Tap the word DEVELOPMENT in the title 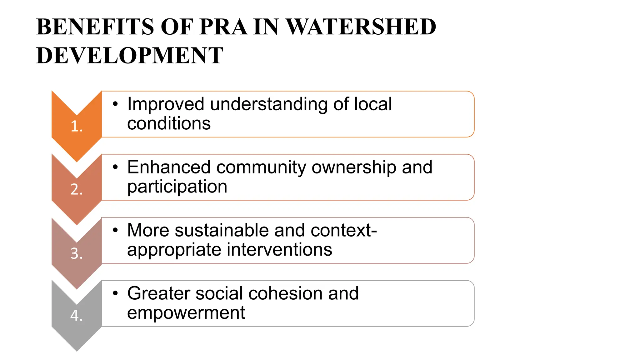(x=130, y=56)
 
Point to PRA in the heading (x=223, y=27)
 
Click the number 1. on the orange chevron (x=77, y=127)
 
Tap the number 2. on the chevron (x=77, y=189)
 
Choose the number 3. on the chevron (x=77, y=253)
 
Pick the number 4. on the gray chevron (x=77, y=315)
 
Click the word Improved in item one (x=166, y=104)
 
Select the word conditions (x=169, y=123)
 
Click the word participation (x=177, y=187)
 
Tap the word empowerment (x=186, y=313)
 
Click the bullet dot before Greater (x=116, y=293)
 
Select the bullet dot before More (x=116, y=230)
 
